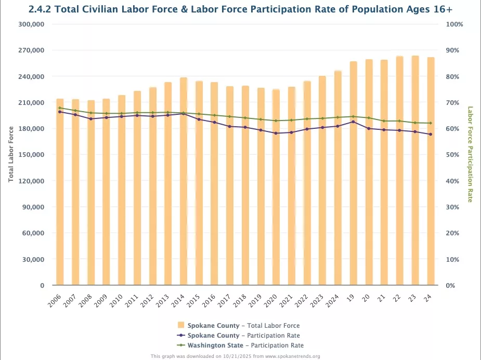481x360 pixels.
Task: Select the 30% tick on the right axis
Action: click(452, 207)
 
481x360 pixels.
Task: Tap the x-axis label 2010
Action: click(117, 299)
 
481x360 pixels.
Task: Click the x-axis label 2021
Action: click(287, 299)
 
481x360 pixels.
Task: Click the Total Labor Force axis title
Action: click(11, 154)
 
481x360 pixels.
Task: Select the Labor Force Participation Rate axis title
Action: click(470, 154)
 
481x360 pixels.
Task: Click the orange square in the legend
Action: click(181, 325)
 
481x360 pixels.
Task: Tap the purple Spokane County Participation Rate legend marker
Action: click(181, 335)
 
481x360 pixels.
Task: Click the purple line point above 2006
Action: click(60, 112)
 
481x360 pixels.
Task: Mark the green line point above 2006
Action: click(60, 108)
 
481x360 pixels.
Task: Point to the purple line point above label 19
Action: click(353, 122)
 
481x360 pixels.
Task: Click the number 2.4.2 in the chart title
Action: click(41, 9)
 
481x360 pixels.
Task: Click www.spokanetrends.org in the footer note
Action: click(292, 356)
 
